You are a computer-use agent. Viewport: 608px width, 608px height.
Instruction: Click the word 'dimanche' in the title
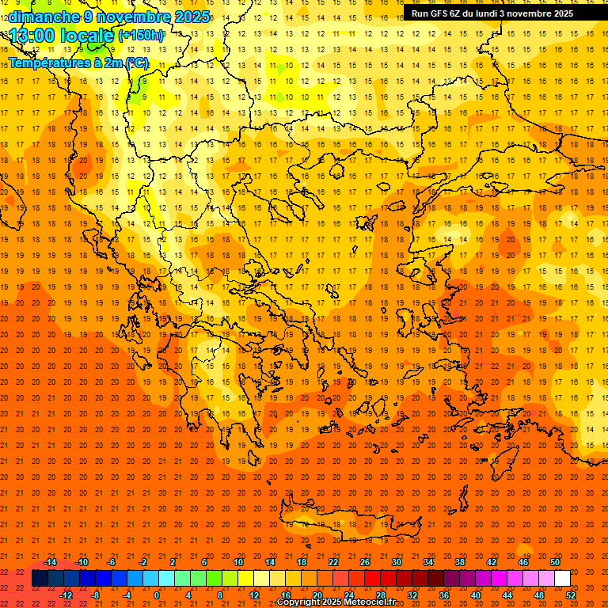click(x=44, y=17)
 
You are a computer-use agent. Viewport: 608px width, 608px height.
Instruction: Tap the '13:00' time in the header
click(x=32, y=35)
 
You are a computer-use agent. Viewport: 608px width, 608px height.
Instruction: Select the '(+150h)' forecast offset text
click(x=141, y=36)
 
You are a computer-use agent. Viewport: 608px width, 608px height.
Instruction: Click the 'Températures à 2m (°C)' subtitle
click(x=78, y=63)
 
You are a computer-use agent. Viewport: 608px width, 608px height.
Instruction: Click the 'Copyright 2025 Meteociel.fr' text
click(x=336, y=602)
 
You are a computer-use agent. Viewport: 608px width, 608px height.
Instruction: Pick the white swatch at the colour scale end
click(x=562, y=579)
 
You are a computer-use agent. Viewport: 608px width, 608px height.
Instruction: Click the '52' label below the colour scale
click(x=571, y=595)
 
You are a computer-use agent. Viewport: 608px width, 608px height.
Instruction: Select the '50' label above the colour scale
click(x=555, y=562)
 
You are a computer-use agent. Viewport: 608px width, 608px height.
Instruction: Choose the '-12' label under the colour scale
click(x=66, y=595)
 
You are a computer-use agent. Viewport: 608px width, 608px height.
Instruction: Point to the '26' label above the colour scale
click(x=365, y=562)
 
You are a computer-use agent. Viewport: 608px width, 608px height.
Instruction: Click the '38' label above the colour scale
click(x=460, y=562)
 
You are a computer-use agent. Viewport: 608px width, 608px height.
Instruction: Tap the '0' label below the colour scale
click(x=156, y=595)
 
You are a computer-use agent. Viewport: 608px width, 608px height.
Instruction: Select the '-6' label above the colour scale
click(x=112, y=562)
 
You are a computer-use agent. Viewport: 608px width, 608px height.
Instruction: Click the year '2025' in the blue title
click(x=192, y=17)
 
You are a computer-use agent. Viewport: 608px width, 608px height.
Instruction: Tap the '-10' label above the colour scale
click(x=81, y=562)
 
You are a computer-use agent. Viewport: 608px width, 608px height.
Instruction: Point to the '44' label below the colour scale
click(x=507, y=595)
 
